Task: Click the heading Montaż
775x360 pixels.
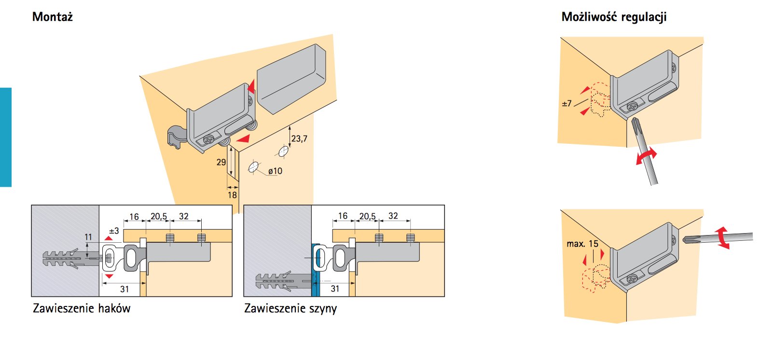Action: [x=52, y=17]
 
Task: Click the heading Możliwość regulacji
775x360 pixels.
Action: [x=614, y=17]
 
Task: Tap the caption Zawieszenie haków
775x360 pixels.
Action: [x=82, y=308]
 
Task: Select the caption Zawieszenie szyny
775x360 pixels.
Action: [x=291, y=308]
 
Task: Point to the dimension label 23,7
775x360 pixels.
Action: [x=299, y=139]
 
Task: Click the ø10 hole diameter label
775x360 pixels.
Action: [x=275, y=171]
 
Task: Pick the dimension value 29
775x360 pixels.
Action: [x=221, y=162]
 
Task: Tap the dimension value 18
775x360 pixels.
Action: [x=232, y=195]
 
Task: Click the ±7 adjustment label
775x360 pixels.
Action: [x=567, y=103]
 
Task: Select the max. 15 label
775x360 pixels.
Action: [x=582, y=244]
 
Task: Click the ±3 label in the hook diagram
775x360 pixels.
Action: [x=114, y=231]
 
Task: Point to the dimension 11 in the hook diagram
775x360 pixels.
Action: [x=88, y=237]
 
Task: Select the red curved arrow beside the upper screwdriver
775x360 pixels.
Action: [x=647, y=156]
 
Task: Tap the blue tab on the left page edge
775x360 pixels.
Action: [x=5, y=137]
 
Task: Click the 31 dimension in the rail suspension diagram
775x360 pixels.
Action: [x=335, y=289]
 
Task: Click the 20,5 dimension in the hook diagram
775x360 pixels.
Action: [x=159, y=216]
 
